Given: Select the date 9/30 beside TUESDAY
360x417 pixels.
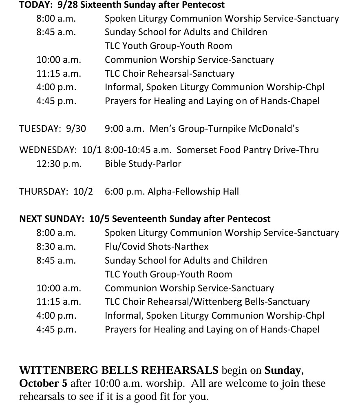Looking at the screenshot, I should (x=76, y=129).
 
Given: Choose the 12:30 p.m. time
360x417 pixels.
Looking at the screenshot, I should (x=59, y=164).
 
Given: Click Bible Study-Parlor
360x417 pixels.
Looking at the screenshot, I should (x=143, y=164).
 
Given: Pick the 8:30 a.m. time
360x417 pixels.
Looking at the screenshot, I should (x=56, y=246).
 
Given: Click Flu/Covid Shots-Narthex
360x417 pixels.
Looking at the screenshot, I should (x=157, y=246).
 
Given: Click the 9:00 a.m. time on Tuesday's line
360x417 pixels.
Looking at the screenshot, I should (x=124, y=129).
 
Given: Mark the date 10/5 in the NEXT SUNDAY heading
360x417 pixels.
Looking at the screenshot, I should (x=99, y=219).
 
